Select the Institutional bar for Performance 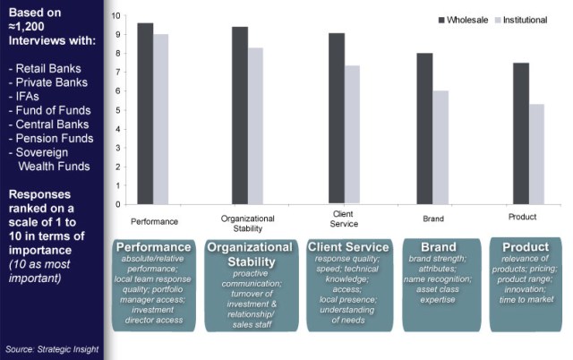click(x=160, y=119)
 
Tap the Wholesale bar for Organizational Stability click(x=240, y=116)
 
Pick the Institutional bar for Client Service click(x=351, y=135)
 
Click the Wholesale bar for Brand click(x=424, y=129)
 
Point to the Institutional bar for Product click(x=536, y=154)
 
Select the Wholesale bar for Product click(x=521, y=133)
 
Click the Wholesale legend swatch click(x=441, y=19)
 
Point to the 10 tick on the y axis click(x=115, y=16)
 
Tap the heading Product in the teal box click(x=526, y=246)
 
